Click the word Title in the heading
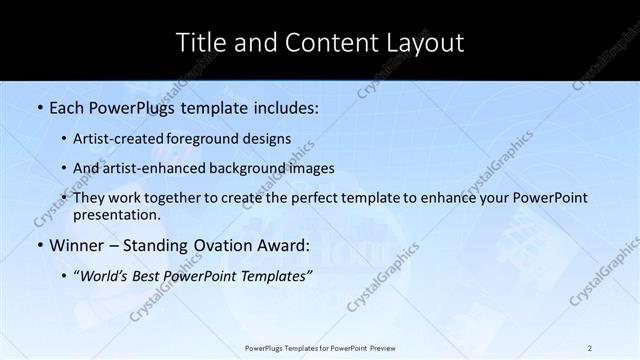click(x=200, y=42)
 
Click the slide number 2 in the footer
click(x=590, y=347)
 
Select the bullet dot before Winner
click(x=39, y=246)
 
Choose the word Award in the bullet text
click(x=286, y=246)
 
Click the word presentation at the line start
click(x=117, y=214)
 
